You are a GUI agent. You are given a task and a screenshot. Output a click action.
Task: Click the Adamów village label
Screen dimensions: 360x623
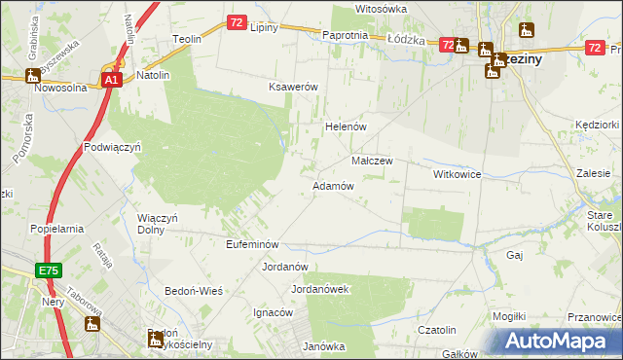click(x=332, y=186)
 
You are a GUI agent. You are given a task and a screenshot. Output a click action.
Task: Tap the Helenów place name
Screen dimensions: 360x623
click(x=344, y=126)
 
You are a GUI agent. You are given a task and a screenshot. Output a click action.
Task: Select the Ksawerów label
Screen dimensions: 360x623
click(x=294, y=87)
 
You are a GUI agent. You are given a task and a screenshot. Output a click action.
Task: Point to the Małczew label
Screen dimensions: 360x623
click(x=371, y=161)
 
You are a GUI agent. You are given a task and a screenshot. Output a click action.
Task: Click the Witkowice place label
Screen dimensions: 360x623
click(x=458, y=173)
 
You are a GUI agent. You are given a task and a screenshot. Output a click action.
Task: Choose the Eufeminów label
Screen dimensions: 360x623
click(x=252, y=244)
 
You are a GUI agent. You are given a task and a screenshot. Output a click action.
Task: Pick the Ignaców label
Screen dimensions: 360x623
click(x=273, y=312)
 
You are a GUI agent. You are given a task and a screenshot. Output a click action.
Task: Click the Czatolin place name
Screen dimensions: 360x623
click(x=437, y=330)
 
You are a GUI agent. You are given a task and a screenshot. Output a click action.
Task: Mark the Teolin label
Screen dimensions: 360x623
click(x=187, y=39)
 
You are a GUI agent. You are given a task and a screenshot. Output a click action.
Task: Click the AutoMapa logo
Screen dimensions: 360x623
click(x=557, y=342)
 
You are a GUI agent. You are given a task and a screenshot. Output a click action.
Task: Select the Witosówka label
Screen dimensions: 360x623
click(x=381, y=9)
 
